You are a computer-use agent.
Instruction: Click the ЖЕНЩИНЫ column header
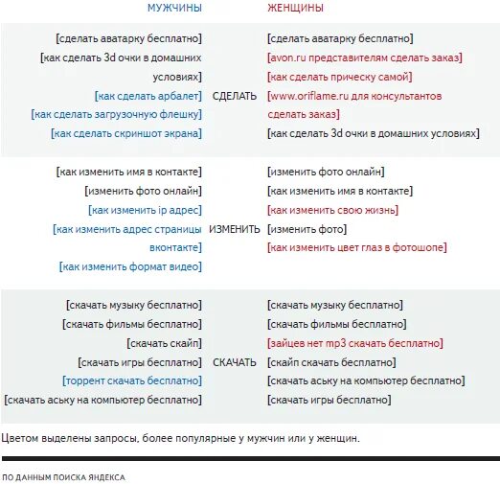pyautogui.click(x=295, y=8)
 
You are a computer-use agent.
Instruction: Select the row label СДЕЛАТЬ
pyautogui.click(x=234, y=96)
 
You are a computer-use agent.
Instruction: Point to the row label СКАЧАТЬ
pyautogui.click(x=235, y=362)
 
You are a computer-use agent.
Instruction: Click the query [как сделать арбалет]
pyautogui.click(x=148, y=96)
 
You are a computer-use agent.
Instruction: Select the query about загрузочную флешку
pyautogui.click(x=117, y=115)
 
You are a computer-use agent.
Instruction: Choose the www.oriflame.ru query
pyautogui.click(x=354, y=96)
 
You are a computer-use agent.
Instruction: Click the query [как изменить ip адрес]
pyautogui.click(x=145, y=210)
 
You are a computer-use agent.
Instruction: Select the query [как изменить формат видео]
pyautogui.click(x=130, y=267)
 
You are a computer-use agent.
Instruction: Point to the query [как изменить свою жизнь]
pyautogui.click(x=332, y=210)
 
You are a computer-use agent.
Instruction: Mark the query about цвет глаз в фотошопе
pyautogui.click(x=356, y=248)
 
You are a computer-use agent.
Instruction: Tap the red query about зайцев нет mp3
pyautogui.click(x=353, y=342)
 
